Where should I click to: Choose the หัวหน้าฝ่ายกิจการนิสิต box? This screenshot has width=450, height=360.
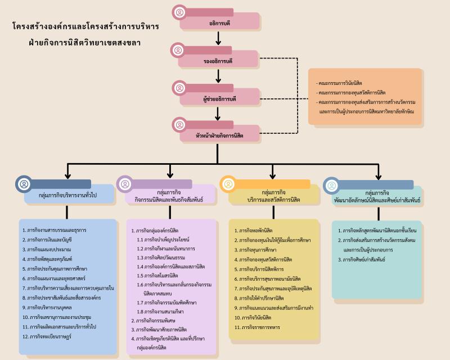pyautogui.click(x=219, y=136)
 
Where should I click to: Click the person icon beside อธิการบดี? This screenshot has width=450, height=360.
pyautogui.click(x=179, y=12)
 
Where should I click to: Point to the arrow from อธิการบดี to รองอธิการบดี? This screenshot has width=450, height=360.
pyautogui.click(x=218, y=38)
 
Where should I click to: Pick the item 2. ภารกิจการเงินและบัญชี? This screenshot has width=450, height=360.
pyautogui.click(x=51, y=240)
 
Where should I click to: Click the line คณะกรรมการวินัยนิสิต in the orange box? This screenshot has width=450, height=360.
pyautogui.click(x=340, y=83)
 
